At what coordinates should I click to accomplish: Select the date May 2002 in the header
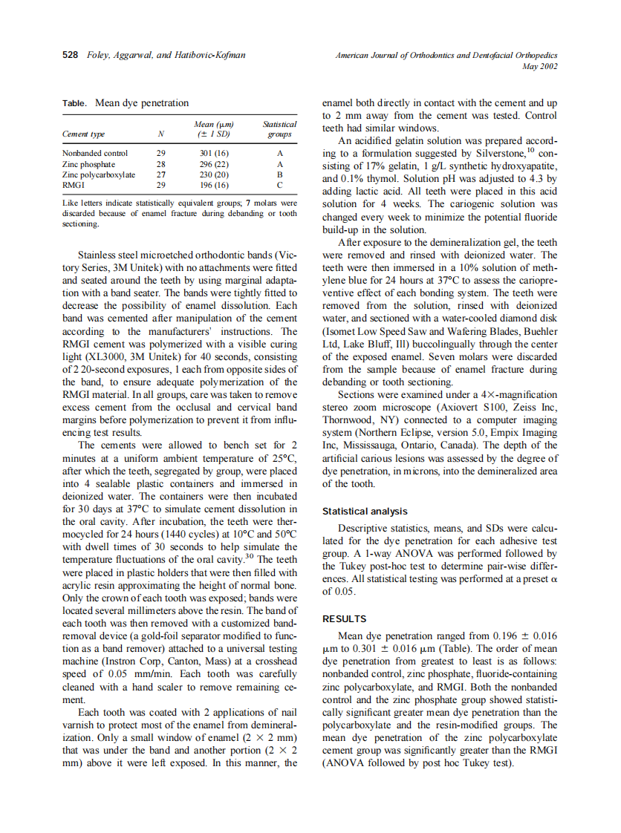(541, 67)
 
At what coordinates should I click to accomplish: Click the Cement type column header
(83, 134)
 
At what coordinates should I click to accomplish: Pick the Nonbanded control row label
(94, 154)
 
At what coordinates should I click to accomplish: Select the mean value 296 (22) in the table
(214, 164)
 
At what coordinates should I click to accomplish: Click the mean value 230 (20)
(214, 174)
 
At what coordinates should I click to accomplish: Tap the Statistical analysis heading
(365, 512)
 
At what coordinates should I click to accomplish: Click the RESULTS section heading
(344, 618)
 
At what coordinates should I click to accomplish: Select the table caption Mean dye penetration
(141, 103)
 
